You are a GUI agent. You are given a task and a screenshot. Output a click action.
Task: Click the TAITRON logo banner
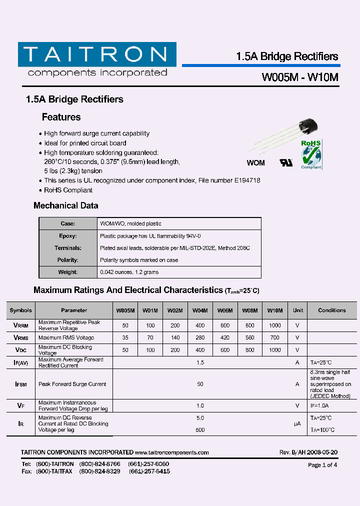pos(97,54)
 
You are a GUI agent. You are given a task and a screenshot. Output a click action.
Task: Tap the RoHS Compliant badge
pos(311,154)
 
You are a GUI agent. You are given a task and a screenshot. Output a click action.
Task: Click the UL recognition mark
pos(286,163)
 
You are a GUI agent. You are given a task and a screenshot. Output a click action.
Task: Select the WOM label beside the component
pos(256,163)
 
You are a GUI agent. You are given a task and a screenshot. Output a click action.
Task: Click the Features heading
pos(61,117)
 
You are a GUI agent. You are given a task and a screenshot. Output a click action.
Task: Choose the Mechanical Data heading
pos(65,205)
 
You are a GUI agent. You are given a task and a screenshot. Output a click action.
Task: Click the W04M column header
pos(200,310)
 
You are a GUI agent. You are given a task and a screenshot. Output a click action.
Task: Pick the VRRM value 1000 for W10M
pos(274,325)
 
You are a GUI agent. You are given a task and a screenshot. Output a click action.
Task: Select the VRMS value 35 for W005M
pos(125,338)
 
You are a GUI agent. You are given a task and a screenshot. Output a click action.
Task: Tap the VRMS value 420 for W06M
pos(225,338)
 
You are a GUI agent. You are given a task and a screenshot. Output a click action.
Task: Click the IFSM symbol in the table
pos(20,384)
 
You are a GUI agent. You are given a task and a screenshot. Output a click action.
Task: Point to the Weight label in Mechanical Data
pos(68,272)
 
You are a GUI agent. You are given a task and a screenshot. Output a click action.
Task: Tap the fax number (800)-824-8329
pos(100,471)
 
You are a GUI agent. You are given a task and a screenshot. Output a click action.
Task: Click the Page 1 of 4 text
pos(322,465)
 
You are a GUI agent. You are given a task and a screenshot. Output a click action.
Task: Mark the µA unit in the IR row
pos(297,423)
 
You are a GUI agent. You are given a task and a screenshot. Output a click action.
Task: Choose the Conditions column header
pos(331,310)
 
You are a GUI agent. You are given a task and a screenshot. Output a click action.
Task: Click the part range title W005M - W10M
pos(300,77)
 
